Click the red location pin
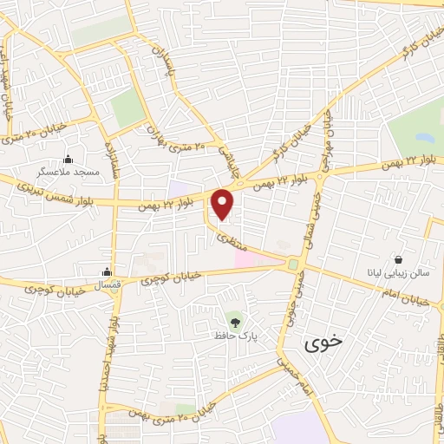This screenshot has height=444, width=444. click(224, 204)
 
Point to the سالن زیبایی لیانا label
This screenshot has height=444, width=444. click(398, 274)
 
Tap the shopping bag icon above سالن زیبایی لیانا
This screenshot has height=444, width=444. click(398, 259)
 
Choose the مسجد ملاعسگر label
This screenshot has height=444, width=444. click(69, 173)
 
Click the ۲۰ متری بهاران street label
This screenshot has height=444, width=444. click(180, 146)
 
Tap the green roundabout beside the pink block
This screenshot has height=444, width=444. click(294, 264)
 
